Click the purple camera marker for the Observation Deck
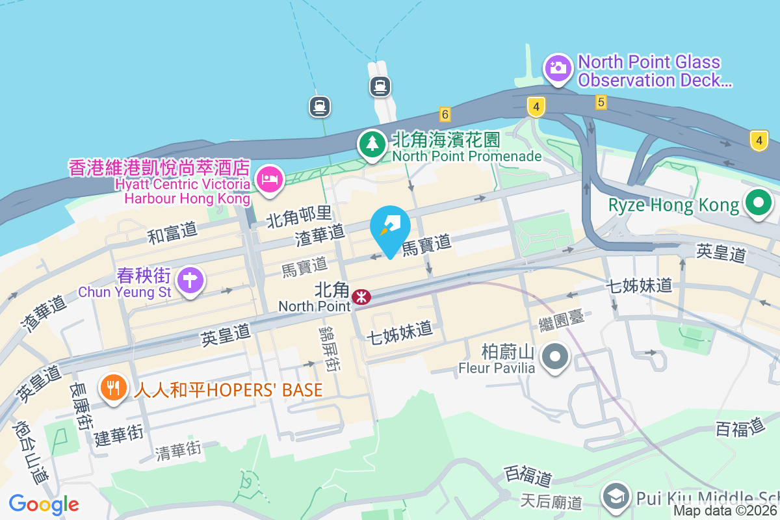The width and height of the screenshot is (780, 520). (x=557, y=68)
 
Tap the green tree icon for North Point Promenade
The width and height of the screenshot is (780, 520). (x=372, y=144)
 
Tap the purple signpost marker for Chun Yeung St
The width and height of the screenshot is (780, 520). (x=190, y=281)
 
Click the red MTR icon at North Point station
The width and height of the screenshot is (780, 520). (x=361, y=297)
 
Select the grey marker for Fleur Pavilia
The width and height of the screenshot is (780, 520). (x=555, y=356)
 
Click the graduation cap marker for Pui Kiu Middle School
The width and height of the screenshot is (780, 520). (x=614, y=497)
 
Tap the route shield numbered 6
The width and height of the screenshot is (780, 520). (x=445, y=114)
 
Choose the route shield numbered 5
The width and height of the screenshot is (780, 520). (x=601, y=102)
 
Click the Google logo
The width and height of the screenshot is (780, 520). (x=44, y=504)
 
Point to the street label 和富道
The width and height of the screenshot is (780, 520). (x=173, y=232)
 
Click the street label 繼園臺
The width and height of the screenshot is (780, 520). (x=562, y=319)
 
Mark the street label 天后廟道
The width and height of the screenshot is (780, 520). (x=552, y=501)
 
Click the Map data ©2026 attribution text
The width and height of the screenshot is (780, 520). (x=725, y=511)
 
